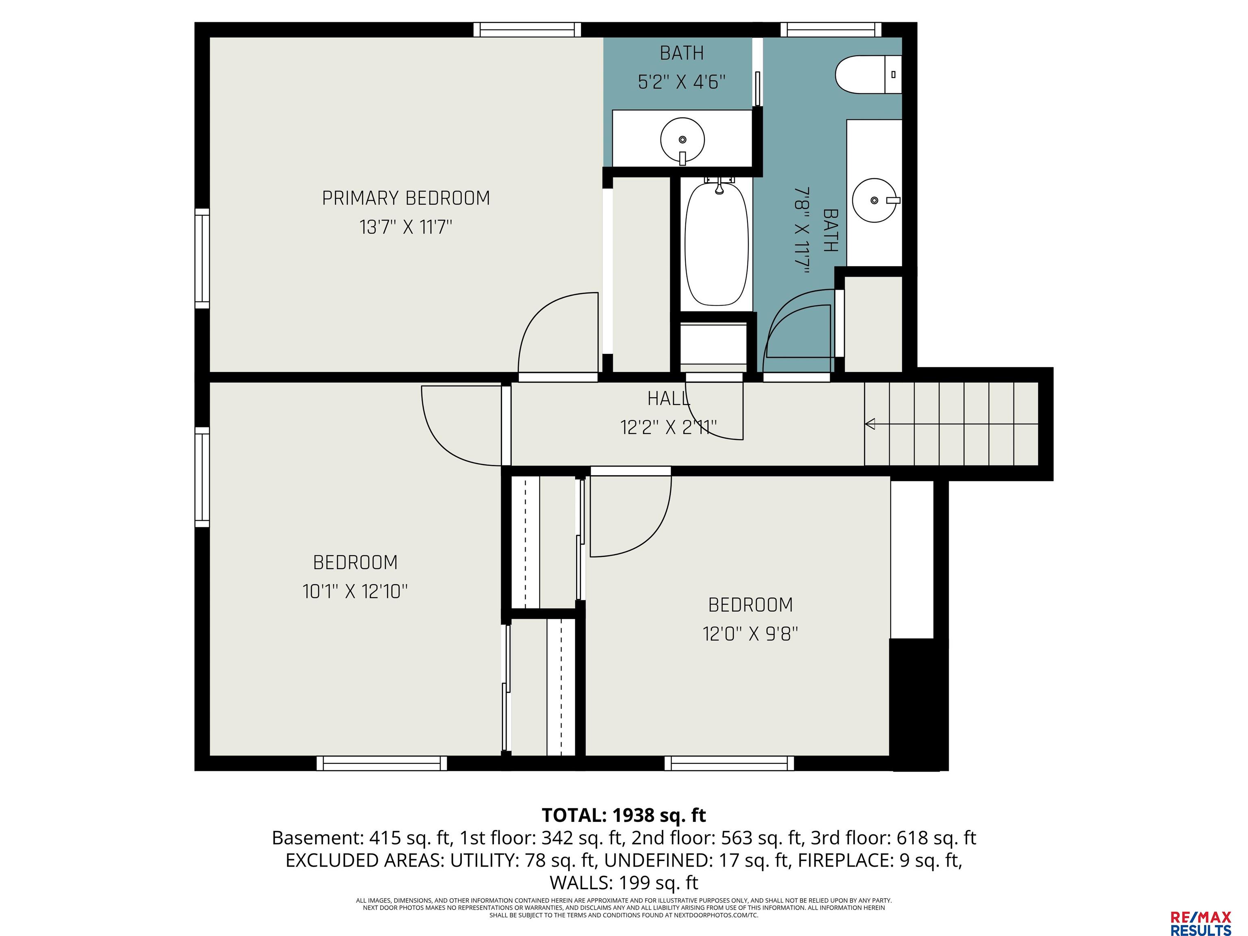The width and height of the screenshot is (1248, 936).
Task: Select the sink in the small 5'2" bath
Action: coord(682,140)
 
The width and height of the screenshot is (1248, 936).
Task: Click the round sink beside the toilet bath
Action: coord(875,200)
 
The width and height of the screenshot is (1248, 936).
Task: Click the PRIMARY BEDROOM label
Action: coord(406,198)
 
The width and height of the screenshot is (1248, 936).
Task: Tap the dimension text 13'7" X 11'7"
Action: coord(406,227)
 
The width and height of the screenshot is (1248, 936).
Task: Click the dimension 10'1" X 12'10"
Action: coord(355,591)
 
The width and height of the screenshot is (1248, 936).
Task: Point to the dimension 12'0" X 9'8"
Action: coord(750,634)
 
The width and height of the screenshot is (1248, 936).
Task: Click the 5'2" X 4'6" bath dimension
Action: coord(682,82)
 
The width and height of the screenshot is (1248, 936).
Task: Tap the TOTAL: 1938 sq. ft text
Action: coord(624,815)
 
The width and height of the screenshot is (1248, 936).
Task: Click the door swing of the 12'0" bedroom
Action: coord(649,536)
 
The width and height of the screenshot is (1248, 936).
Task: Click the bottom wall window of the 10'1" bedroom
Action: coord(381,763)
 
